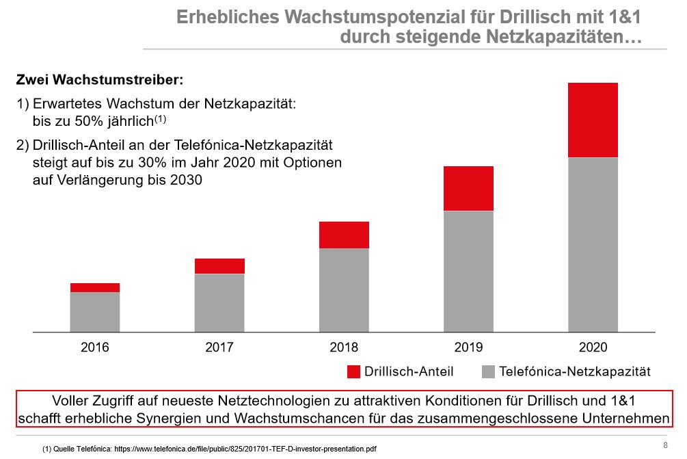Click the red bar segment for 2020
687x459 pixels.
point(593,120)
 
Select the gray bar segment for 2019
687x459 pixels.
point(468,271)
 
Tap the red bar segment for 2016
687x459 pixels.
point(95,288)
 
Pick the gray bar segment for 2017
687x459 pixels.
point(219,303)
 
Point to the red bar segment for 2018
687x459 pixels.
point(344,235)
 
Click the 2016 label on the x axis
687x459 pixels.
point(95,347)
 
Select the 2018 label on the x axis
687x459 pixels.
point(344,347)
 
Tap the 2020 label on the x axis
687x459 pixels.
point(593,347)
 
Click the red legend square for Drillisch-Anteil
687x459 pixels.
point(353,372)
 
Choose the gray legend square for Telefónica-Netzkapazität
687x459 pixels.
point(488,372)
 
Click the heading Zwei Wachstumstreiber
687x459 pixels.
point(100,80)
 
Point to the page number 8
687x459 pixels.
point(665,445)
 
